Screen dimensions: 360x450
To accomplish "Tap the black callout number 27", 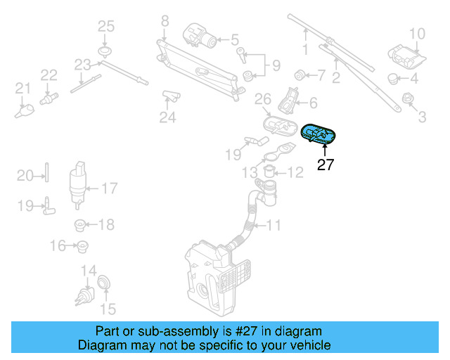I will coord(326,166).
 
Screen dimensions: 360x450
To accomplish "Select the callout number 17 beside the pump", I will coord(110,188).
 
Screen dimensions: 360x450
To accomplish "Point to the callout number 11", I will coord(274,226).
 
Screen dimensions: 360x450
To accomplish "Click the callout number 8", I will coord(165,21).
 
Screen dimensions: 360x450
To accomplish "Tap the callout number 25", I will coord(105,27).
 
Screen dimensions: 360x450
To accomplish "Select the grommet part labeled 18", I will coord(80,226).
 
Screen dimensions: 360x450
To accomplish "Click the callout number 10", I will coord(417,33).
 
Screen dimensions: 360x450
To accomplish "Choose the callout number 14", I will coord(89,271).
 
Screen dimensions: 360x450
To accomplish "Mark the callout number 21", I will coord(23,89).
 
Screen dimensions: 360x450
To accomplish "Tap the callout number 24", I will coord(167,117).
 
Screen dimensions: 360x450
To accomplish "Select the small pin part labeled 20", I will coord(46,174).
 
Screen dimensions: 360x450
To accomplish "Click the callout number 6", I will coord(313,102).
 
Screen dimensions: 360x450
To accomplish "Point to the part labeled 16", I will coord(83,246).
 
